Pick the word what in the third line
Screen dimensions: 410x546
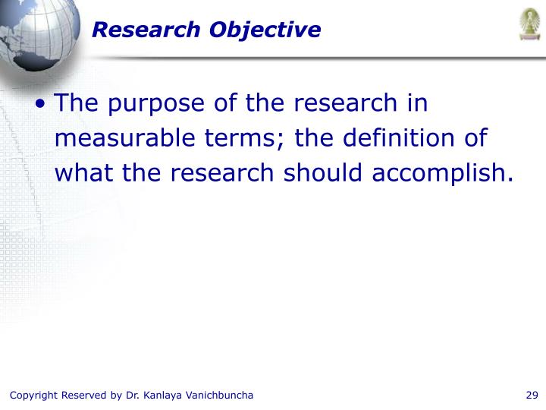pos(82,174)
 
